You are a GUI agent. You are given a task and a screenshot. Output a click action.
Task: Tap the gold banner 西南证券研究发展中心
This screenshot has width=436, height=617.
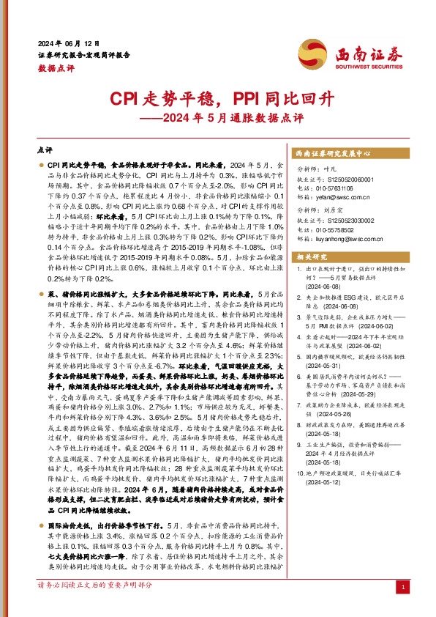[x=334, y=155]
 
